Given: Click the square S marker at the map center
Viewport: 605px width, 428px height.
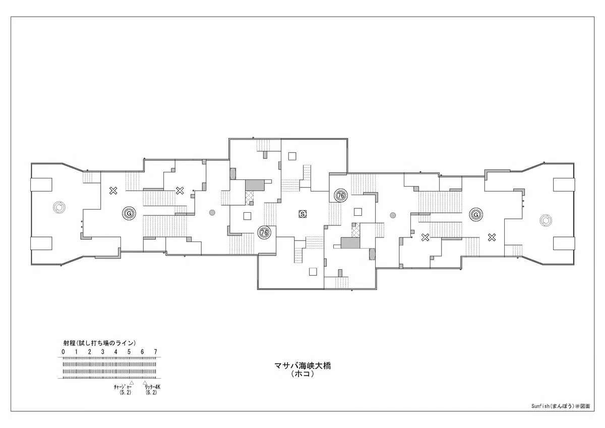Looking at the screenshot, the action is click(302, 214).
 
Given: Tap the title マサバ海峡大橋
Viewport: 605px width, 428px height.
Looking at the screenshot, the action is click(302, 366).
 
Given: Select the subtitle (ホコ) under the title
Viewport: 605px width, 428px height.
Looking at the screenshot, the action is click(302, 374).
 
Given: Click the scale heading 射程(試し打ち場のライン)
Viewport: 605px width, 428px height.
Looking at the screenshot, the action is click(99, 343).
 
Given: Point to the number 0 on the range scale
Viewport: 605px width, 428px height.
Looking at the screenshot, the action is click(63, 352).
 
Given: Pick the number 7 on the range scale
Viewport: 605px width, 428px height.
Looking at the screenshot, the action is click(156, 352).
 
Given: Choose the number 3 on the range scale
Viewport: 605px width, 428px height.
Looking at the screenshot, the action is click(103, 352).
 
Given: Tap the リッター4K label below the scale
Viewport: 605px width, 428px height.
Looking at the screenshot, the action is click(152, 387).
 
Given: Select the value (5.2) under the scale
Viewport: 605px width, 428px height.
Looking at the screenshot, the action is click(126, 393).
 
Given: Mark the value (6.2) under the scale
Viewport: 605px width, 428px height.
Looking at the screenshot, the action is click(151, 393).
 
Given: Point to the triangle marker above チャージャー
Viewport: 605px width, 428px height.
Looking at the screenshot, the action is click(132, 383).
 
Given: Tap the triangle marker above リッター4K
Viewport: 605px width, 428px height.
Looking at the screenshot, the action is click(145, 383).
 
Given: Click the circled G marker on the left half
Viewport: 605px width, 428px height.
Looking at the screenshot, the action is click(129, 214).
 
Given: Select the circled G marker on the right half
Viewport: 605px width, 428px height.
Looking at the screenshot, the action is click(476, 215).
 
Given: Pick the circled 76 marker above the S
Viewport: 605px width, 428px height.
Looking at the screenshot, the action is click(341, 195).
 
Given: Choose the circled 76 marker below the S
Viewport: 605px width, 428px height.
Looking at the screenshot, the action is click(264, 232).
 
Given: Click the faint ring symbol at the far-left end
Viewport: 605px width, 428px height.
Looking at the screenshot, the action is click(59, 207).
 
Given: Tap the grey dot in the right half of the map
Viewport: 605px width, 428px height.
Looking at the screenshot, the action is click(393, 215).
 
